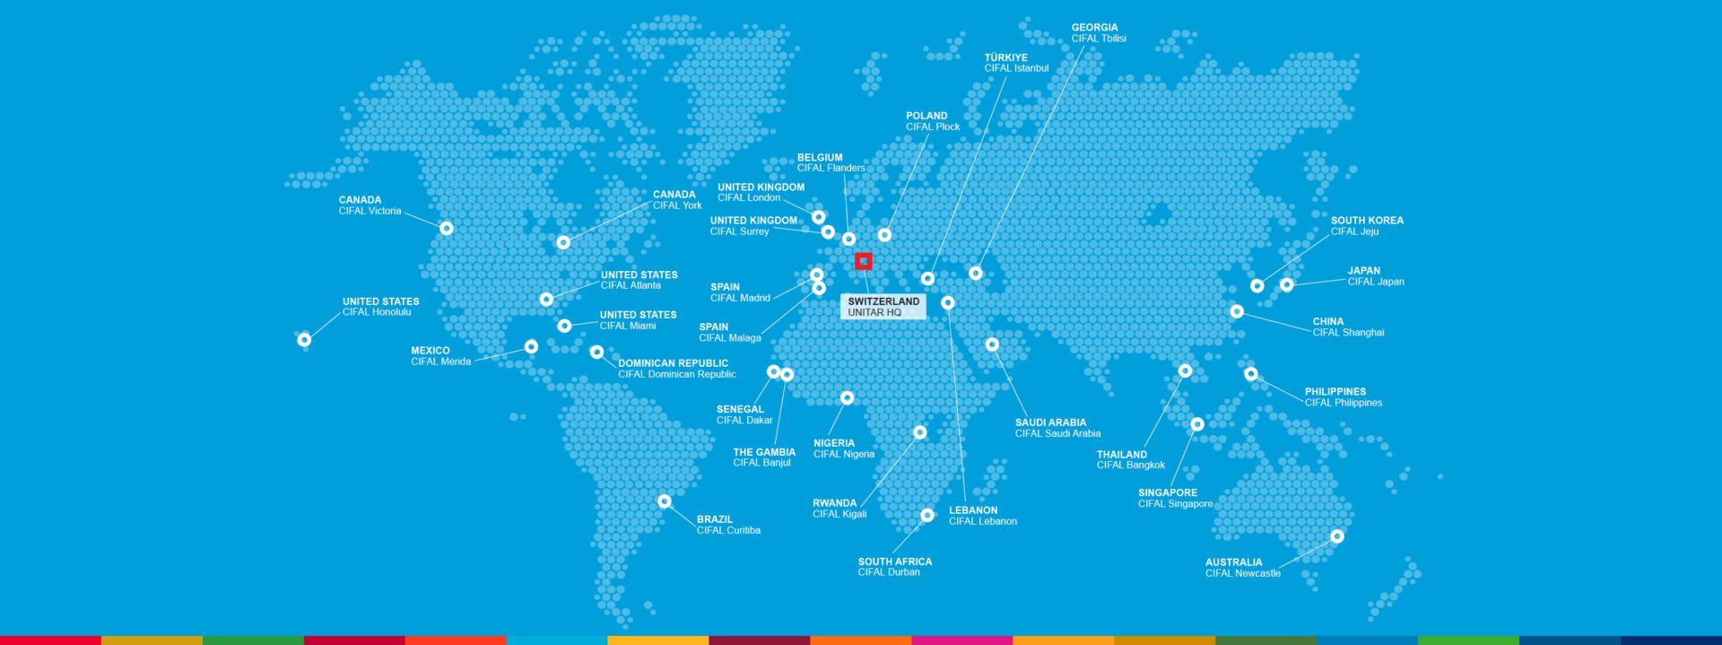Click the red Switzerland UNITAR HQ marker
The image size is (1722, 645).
pyautogui.click(x=864, y=261)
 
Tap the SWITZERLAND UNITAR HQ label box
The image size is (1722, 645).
pyautogui.click(x=883, y=307)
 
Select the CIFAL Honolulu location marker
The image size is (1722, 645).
pyautogui.click(x=304, y=340)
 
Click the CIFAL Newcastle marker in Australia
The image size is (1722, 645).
pyautogui.click(x=1337, y=536)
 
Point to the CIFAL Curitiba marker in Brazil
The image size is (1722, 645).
pyautogui.click(x=665, y=501)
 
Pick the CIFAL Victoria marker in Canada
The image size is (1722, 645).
pyautogui.click(x=447, y=228)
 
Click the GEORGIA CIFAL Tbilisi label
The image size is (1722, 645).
pyautogui.click(x=1099, y=33)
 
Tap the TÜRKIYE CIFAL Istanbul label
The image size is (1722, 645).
pyautogui.click(x=1016, y=63)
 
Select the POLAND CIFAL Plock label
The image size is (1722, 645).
pyautogui.click(x=933, y=121)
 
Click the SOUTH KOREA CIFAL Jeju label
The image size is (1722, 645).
pyautogui.click(x=1367, y=226)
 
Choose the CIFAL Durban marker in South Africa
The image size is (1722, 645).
pyautogui.click(x=927, y=515)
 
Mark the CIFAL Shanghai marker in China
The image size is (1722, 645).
pyautogui.click(x=1237, y=311)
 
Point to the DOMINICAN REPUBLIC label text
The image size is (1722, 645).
pyautogui.click(x=673, y=363)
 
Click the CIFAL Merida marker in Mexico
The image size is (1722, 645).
pyautogui.click(x=531, y=346)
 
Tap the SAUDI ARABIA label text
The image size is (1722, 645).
pyautogui.click(x=1050, y=423)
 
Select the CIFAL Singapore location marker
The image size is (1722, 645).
pyautogui.click(x=1197, y=424)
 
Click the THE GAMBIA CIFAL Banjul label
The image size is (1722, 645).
pyautogui.click(x=764, y=458)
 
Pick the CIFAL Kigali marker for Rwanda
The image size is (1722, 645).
pyautogui.click(x=919, y=432)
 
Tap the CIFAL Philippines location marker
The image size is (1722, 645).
pyautogui.click(x=1251, y=374)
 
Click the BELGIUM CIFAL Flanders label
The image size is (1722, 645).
pyautogui.click(x=831, y=162)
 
